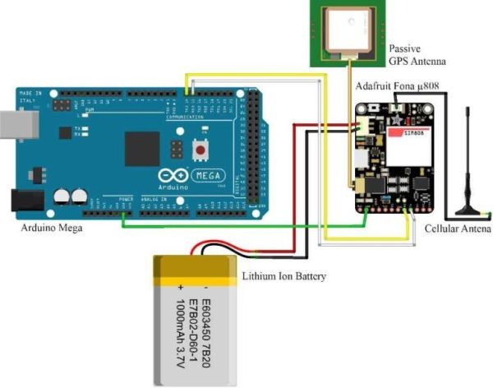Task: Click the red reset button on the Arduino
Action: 199,150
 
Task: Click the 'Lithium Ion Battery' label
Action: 283,276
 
